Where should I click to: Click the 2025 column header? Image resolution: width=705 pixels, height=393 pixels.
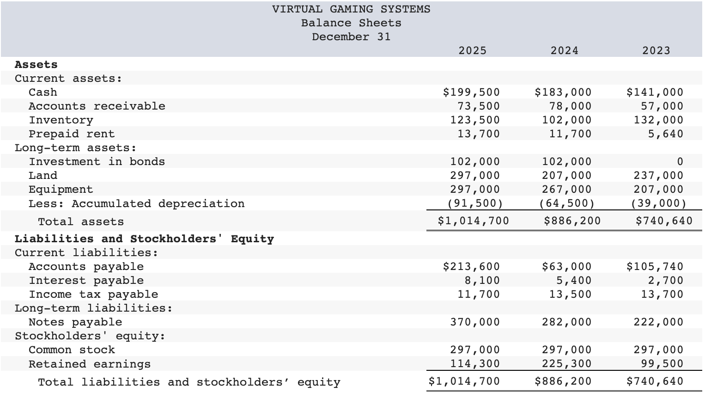click(472, 50)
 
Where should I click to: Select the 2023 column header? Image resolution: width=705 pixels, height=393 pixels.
click(656, 50)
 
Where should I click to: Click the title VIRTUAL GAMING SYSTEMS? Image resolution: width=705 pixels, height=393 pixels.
click(351, 9)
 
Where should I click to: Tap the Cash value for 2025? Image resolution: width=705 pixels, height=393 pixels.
click(471, 92)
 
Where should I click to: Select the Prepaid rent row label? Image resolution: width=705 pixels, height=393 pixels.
click(71, 134)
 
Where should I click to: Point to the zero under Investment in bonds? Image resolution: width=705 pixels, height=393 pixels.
click(680, 162)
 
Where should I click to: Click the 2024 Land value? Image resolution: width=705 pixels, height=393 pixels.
click(566, 176)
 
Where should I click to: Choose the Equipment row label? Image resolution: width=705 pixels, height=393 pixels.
click(61, 190)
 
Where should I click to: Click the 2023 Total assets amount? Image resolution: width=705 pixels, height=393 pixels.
click(664, 221)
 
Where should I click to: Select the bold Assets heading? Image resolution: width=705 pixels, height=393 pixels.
click(36, 65)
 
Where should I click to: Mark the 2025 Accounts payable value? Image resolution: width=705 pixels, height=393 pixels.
click(471, 267)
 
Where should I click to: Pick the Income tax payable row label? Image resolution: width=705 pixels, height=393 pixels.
click(93, 295)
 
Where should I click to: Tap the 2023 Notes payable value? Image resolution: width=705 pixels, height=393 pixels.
click(658, 322)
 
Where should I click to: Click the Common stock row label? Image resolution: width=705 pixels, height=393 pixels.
click(72, 350)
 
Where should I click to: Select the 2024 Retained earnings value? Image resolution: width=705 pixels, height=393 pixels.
click(566, 364)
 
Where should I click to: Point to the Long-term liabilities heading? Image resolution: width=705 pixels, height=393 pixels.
click(93, 308)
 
